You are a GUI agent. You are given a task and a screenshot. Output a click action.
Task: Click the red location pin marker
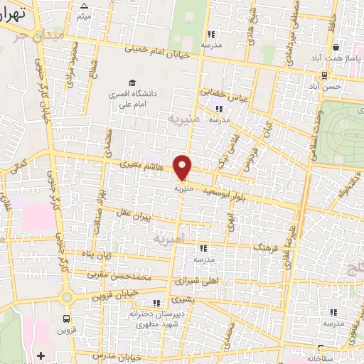pos(183,166)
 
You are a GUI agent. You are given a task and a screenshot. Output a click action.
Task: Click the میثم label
pos(84,15)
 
